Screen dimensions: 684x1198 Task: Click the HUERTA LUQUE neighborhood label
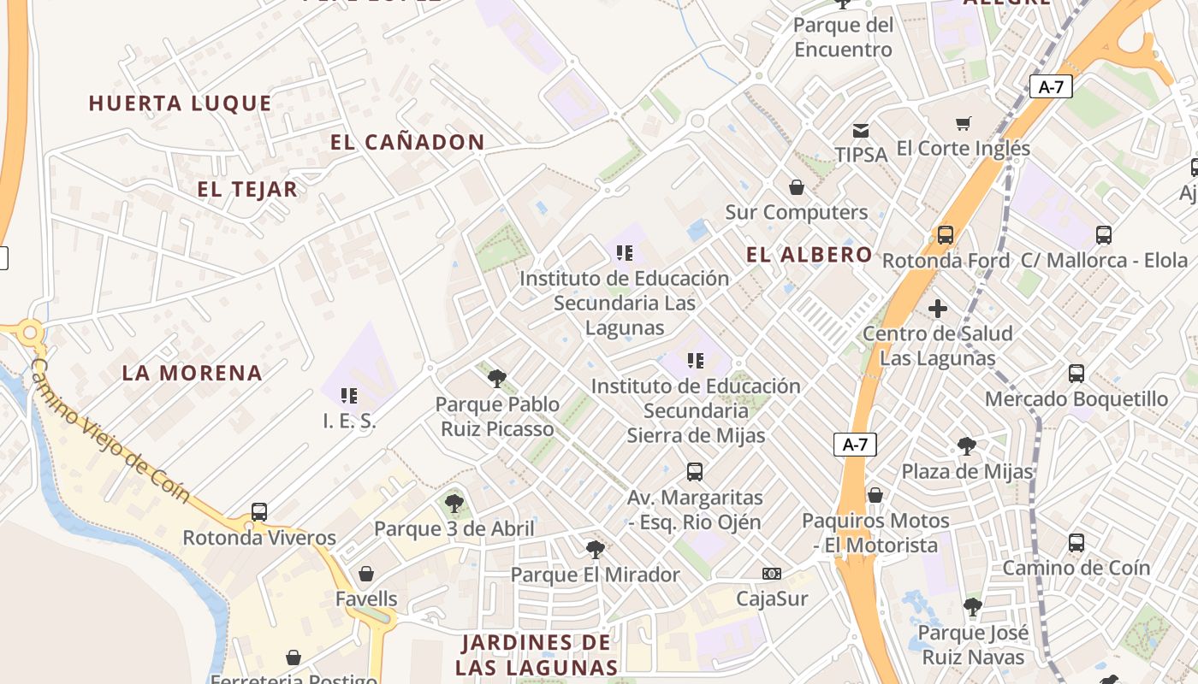click(x=181, y=103)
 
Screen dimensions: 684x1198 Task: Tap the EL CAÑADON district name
click(x=407, y=143)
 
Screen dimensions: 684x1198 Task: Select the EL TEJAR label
click(x=247, y=190)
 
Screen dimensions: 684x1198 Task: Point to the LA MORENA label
click(x=192, y=373)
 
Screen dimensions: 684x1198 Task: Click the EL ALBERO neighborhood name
click(x=809, y=255)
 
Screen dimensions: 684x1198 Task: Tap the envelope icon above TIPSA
click(x=861, y=131)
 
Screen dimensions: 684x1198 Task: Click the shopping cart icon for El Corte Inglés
click(x=964, y=124)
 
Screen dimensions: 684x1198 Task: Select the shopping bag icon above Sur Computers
click(x=797, y=187)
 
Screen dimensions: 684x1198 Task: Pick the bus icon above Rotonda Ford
click(x=946, y=235)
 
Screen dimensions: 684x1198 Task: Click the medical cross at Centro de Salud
click(x=938, y=309)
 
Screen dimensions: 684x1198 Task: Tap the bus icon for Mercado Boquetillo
click(x=1076, y=374)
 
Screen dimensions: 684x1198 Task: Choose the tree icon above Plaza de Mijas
click(x=967, y=446)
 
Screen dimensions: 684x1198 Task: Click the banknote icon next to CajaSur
click(x=772, y=574)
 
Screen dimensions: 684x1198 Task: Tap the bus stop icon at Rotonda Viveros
click(x=259, y=512)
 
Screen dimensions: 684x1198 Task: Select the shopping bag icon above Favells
click(x=366, y=573)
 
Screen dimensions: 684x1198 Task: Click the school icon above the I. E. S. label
click(x=349, y=395)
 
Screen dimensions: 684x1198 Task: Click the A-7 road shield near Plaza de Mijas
click(x=855, y=445)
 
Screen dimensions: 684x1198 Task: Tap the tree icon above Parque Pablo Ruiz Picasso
click(x=497, y=379)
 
